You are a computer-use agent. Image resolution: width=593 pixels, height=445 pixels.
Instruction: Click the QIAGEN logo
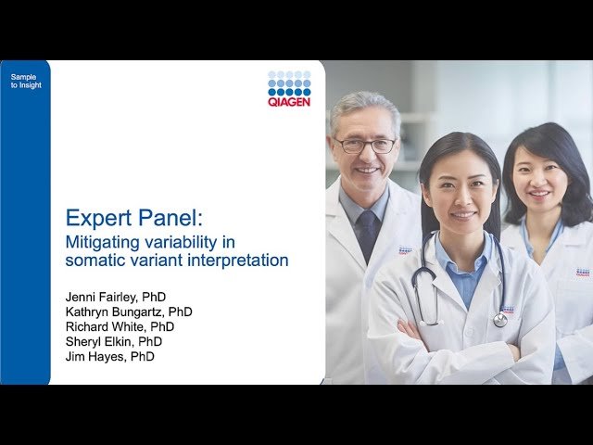coord(289,88)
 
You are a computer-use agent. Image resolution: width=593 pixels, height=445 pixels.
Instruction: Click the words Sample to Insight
coord(26,80)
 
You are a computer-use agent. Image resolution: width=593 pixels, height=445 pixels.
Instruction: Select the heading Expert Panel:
coord(139,218)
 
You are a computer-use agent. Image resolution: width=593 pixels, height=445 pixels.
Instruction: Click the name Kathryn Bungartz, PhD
coord(129,311)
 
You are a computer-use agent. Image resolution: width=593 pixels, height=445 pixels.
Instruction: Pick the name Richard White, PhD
coord(120,326)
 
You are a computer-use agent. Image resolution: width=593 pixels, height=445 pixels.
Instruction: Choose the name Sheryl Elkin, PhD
coord(115,341)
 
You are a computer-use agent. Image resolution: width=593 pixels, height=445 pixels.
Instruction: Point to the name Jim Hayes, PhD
coord(108,356)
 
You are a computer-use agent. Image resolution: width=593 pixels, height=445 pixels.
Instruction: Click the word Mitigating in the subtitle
coord(95,241)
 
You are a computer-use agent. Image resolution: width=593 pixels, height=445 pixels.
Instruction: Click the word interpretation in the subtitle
coord(237,261)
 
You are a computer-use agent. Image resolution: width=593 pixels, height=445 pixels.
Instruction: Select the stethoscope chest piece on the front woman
coord(499,319)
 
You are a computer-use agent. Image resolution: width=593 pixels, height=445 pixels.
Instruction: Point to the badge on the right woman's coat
coord(582,273)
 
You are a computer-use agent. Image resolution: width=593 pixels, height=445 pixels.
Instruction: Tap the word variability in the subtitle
coord(163,241)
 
